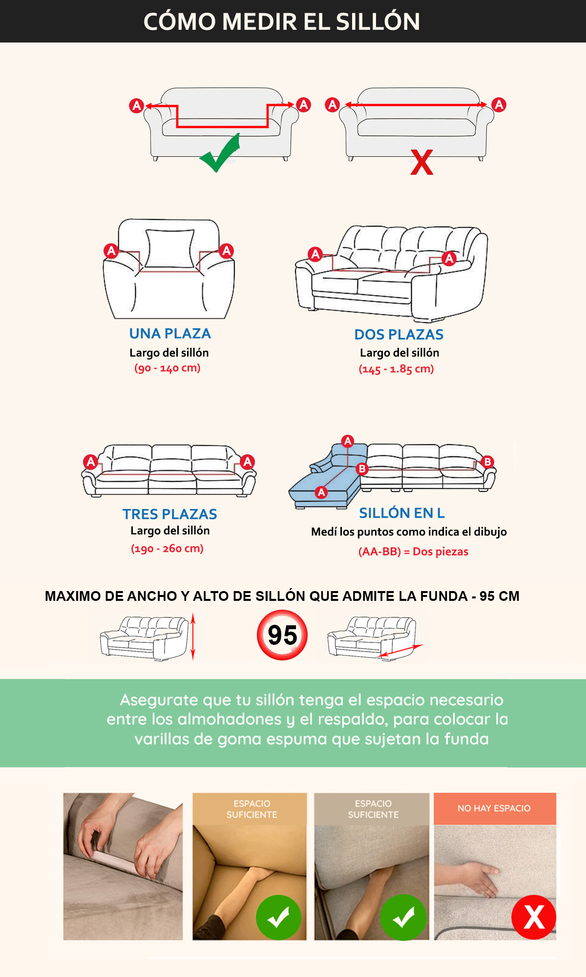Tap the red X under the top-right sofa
tap(422, 162)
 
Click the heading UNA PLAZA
tap(170, 334)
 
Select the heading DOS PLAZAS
tap(399, 335)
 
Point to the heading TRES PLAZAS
tap(170, 514)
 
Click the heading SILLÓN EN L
tap(402, 513)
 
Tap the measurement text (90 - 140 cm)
tap(167, 368)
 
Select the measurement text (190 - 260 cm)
tap(167, 549)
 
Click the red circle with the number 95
tap(282, 635)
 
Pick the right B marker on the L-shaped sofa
tap(487, 462)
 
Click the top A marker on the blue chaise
tap(348, 441)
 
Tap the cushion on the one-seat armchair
tap(170, 248)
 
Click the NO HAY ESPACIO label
tap(494, 808)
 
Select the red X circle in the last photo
tap(534, 917)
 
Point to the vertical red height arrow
tap(193, 637)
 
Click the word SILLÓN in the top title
tap(378, 21)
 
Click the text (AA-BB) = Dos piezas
tap(413, 552)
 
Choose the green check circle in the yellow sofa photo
tap(278, 917)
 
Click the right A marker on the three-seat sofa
tap(248, 462)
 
